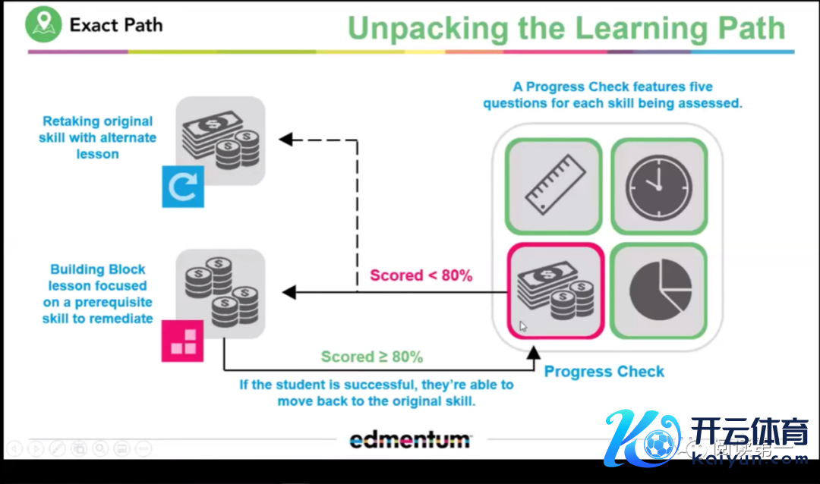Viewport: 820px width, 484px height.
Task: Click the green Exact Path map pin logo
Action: [x=43, y=24]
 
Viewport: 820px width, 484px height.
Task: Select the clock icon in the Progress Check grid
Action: [x=658, y=185]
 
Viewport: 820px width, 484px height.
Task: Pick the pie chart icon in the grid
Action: [x=660, y=290]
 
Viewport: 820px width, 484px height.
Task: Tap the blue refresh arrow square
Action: [x=183, y=187]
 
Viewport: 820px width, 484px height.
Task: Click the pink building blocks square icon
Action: [x=183, y=340]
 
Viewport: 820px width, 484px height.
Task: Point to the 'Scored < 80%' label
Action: [x=421, y=275]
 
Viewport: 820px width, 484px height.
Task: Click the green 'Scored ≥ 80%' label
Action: [x=371, y=357]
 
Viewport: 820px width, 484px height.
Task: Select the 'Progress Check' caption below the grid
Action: [x=604, y=372]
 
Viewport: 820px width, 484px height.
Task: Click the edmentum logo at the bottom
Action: [x=410, y=439]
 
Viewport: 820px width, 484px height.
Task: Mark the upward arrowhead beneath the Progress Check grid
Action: [x=534, y=351]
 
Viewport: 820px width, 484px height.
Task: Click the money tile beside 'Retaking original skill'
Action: [x=220, y=140]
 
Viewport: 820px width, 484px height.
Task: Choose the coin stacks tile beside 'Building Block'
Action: [x=220, y=293]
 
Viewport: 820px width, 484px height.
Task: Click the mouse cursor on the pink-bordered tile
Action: [x=523, y=326]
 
